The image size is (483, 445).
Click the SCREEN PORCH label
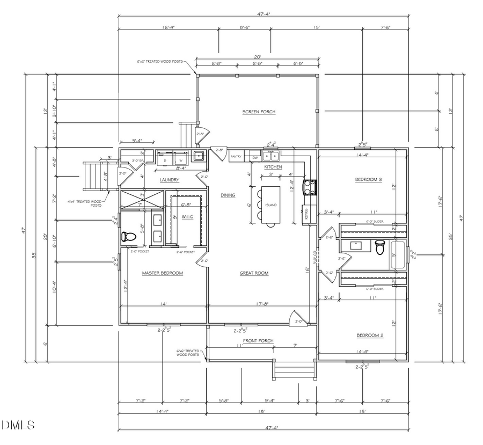pyautogui.click(x=259, y=112)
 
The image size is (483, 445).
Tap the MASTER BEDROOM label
pyautogui.click(x=162, y=273)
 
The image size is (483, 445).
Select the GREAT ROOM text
pyautogui.click(x=254, y=273)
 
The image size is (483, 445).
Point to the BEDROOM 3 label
pyautogui.click(x=369, y=179)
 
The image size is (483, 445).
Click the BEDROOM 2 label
pyautogui.click(x=370, y=336)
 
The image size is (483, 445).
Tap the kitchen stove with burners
pyautogui.click(x=311, y=186)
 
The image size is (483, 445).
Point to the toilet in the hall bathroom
pyautogui.click(x=380, y=247)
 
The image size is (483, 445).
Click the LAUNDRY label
pyautogui.click(x=169, y=180)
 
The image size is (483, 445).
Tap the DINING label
pyautogui.click(x=228, y=195)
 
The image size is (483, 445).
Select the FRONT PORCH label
pyautogui.click(x=259, y=341)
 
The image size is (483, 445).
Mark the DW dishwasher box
pyautogui.click(x=255, y=157)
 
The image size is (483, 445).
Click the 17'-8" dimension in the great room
pyautogui.click(x=259, y=304)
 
